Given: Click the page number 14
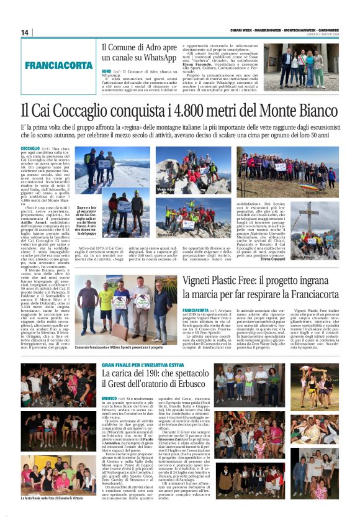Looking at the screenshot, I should point(25,32).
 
